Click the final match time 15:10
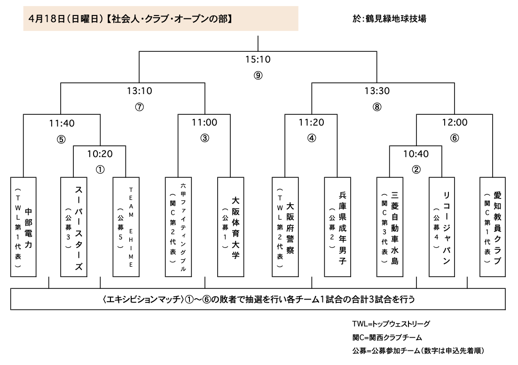tap(258, 60)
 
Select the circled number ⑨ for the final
tap(258, 75)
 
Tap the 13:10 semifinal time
tap(140, 91)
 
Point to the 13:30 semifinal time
tap(377, 91)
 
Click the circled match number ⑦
tap(140, 107)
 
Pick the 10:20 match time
tap(100, 154)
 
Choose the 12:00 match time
tap(455, 122)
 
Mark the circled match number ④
tap(312, 138)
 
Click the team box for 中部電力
tap(23, 227)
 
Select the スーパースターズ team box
tap(74, 227)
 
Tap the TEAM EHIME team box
tap(126, 227)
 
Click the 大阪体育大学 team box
tap(231, 227)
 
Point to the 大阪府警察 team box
tap(285, 227)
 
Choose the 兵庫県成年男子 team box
tap(337, 227)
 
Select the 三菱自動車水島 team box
tap(390, 227)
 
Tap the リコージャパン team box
tap(442, 227)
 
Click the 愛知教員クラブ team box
tap(493, 227)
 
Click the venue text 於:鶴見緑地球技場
tap(389, 18)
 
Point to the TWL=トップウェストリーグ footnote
tap(391, 324)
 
